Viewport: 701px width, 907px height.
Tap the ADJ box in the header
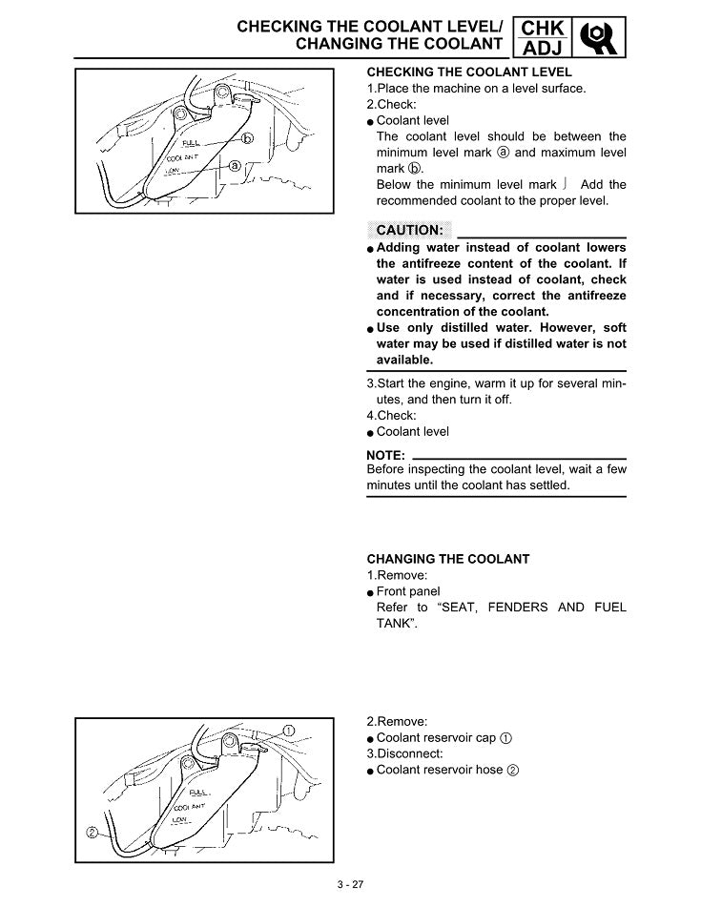tap(544, 48)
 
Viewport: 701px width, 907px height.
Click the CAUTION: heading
tap(409, 230)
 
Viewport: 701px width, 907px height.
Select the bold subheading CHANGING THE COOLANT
tap(447, 558)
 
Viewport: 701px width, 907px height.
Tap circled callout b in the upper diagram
tap(248, 139)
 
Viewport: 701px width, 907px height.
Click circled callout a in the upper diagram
tap(234, 165)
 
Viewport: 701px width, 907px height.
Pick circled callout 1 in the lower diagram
tap(290, 731)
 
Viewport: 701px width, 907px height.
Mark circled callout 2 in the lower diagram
tap(92, 832)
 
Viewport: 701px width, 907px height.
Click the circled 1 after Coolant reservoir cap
tap(505, 738)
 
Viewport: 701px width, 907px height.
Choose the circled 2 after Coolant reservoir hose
tap(512, 771)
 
